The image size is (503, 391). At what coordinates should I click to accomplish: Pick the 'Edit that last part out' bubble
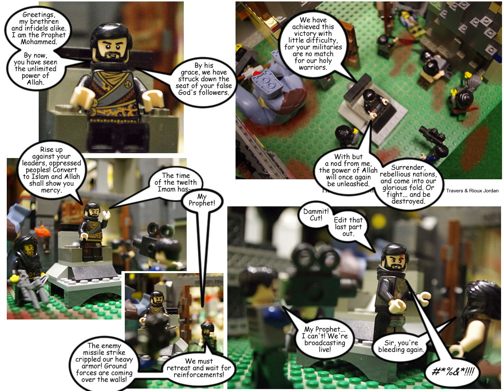coord(348,227)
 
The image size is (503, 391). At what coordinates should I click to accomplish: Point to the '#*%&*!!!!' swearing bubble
coord(454,371)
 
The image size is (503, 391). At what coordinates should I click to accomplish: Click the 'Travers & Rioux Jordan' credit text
coord(471,190)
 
